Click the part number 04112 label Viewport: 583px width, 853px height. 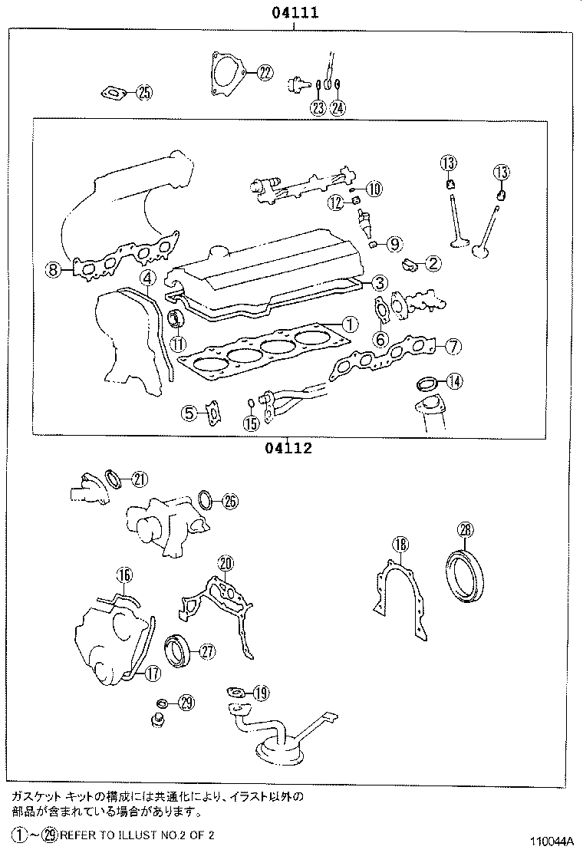(x=289, y=449)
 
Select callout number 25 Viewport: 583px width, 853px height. (x=143, y=94)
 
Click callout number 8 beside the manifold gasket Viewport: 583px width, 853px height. (x=53, y=269)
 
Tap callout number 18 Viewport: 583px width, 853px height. (x=400, y=545)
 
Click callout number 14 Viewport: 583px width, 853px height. (x=454, y=380)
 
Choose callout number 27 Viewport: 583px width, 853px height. (x=206, y=651)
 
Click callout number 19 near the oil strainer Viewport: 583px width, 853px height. (x=260, y=693)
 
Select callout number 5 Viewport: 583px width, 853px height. (x=189, y=413)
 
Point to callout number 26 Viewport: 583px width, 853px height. (x=229, y=502)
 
